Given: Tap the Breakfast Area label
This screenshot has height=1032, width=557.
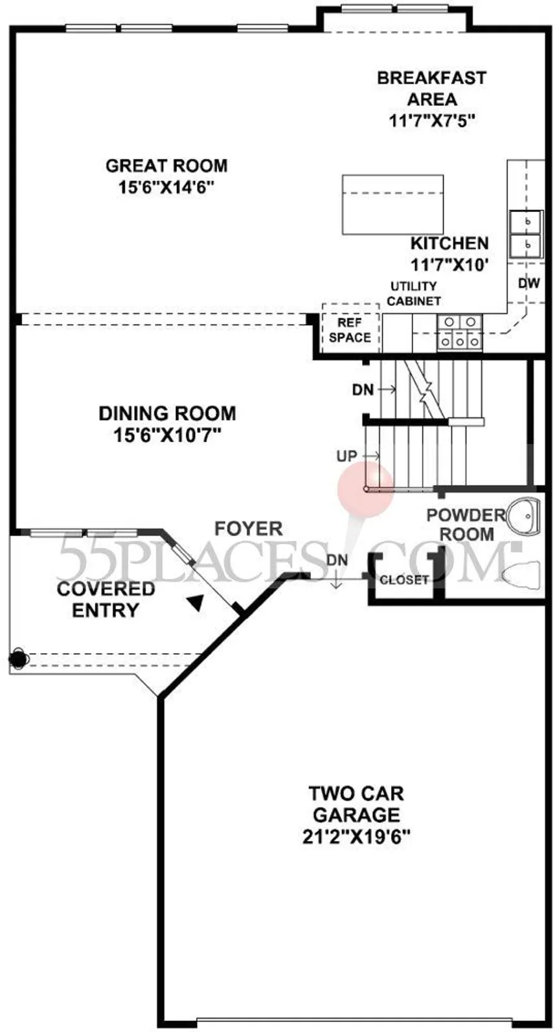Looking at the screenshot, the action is pyautogui.click(x=432, y=89).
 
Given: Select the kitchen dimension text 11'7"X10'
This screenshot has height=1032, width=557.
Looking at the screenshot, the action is pyautogui.click(x=449, y=264).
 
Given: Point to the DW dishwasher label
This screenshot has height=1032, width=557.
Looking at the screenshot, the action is pyautogui.click(x=529, y=283).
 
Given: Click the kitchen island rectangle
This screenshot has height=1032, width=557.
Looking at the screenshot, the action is pyautogui.click(x=392, y=204).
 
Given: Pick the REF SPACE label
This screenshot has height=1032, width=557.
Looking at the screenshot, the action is pyautogui.click(x=350, y=330).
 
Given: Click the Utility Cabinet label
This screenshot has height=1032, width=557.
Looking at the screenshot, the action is pyautogui.click(x=414, y=293).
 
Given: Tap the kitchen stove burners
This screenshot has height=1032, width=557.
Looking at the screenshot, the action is pyautogui.click(x=459, y=332).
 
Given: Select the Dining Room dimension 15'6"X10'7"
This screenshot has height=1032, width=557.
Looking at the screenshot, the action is pyautogui.click(x=167, y=435).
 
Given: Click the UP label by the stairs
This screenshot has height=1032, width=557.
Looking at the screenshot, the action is pyautogui.click(x=347, y=456).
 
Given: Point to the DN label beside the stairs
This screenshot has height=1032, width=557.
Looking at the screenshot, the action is pyautogui.click(x=363, y=390).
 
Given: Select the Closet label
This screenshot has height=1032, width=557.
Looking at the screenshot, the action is pyautogui.click(x=404, y=580).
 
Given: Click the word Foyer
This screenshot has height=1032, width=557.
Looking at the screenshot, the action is pyautogui.click(x=249, y=529).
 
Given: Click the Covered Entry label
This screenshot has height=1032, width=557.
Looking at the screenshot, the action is pyautogui.click(x=106, y=599).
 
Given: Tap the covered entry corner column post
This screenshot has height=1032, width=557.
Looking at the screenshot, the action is pyautogui.click(x=18, y=658).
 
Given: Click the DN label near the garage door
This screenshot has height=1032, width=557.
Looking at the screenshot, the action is pyautogui.click(x=337, y=560).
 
